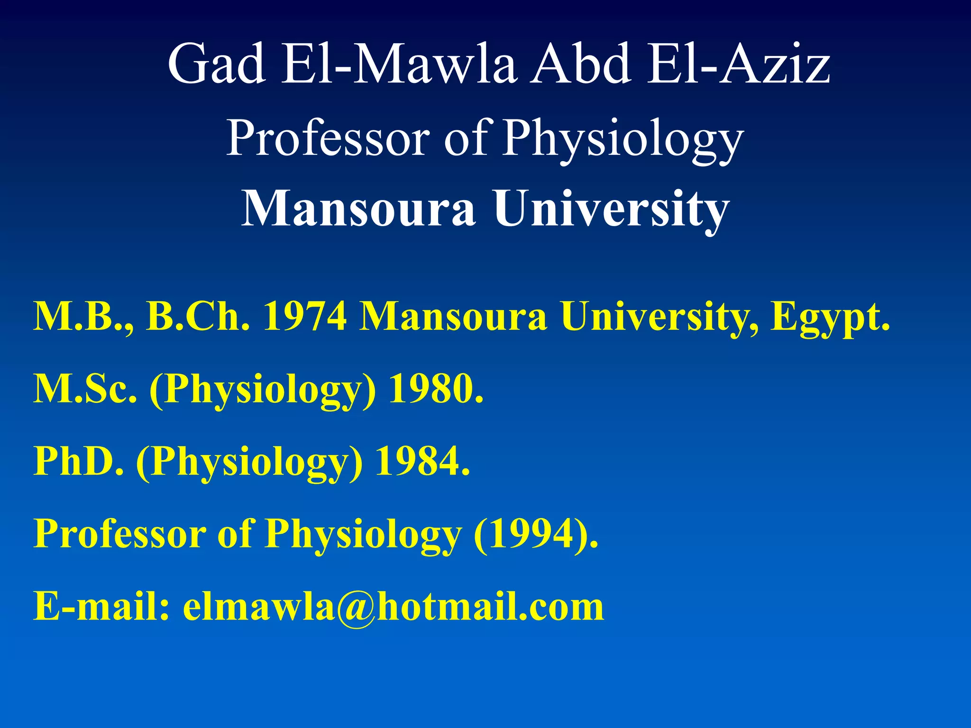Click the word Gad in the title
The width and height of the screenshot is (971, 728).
click(x=216, y=64)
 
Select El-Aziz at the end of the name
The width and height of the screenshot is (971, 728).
click(x=738, y=64)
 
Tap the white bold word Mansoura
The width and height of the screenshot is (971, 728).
click(x=358, y=209)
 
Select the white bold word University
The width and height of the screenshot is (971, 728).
click(x=611, y=209)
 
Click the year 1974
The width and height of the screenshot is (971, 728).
click(x=305, y=317)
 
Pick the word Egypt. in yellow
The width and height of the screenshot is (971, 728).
click(x=830, y=317)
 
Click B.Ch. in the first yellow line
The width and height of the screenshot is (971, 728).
click(x=197, y=317)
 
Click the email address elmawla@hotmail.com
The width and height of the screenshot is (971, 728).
click(x=394, y=607)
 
